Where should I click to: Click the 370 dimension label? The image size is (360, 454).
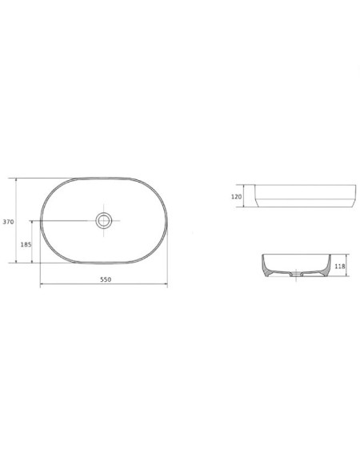8,222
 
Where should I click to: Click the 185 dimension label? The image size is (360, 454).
26,244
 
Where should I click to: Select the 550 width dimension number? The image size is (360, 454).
106,279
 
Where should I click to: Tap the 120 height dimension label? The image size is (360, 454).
237,197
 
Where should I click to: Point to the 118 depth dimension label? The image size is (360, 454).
340,266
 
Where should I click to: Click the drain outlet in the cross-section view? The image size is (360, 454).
296,274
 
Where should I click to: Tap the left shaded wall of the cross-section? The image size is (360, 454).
266,267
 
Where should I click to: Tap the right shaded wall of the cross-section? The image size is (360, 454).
326,267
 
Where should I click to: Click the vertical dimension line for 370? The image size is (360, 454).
16,220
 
